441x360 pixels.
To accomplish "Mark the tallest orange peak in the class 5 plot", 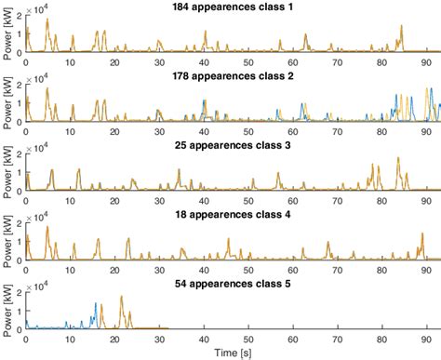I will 122,298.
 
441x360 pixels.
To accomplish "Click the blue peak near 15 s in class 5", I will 95,304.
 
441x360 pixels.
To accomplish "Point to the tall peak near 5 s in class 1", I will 47,20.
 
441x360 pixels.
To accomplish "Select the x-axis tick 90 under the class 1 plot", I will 426,61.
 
